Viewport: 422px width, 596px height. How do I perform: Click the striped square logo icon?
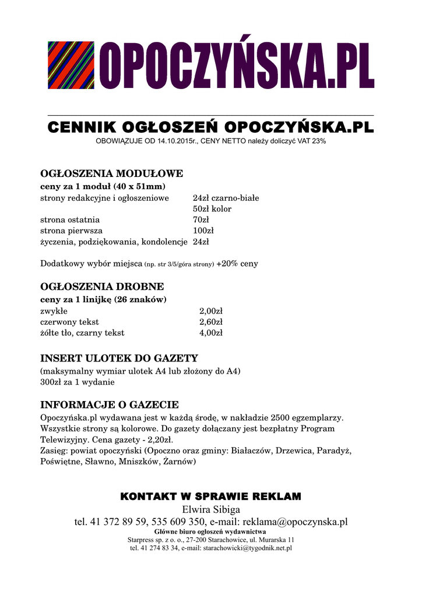click(x=71, y=65)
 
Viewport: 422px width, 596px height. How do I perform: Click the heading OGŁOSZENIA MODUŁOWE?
click(x=111, y=173)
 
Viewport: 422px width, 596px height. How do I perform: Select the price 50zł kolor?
click(x=212, y=209)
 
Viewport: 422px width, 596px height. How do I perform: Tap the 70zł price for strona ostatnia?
click(x=201, y=220)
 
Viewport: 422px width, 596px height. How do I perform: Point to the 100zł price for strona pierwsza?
click(x=203, y=231)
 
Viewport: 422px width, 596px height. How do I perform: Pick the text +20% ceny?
click(x=237, y=264)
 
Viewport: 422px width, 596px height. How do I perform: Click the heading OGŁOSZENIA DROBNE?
click(x=102, y=287)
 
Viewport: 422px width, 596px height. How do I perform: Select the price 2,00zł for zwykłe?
click(x=211, y=311)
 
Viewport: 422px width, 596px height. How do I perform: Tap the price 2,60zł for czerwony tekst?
click(x=211, y=322)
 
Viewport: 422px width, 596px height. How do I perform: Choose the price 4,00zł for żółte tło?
click(x=211, y=333)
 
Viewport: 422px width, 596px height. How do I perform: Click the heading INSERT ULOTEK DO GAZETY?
click(x=119, y=359)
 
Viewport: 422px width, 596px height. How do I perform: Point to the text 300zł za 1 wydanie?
click(x=77, y=382)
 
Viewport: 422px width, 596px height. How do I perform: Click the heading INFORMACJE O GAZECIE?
click(x=109, y=405)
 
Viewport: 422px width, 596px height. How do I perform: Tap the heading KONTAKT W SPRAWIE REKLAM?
click(x=210, y=496)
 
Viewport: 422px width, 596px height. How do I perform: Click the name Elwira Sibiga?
click(x=211, y=510)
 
